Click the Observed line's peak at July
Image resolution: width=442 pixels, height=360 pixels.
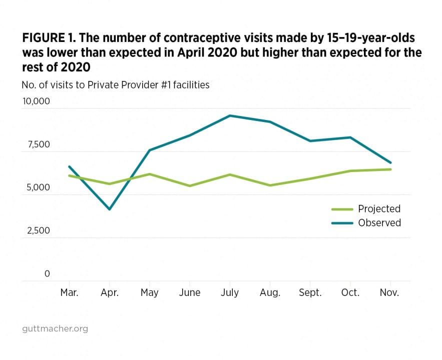[x=230, y=115]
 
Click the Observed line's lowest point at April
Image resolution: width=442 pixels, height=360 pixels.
[x=109, y=209]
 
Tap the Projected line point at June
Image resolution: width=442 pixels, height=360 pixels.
[x=190, y=185]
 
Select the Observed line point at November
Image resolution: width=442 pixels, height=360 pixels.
[x=390, y=162]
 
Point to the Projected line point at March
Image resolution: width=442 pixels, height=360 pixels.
[x=69, y=175]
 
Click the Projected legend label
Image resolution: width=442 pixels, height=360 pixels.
[x=379, y=209]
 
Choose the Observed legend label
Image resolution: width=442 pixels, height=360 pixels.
[x=379, y=223]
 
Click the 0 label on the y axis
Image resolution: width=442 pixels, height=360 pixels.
[x=47, y=273]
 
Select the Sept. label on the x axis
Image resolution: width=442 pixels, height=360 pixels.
[x=310, y=293]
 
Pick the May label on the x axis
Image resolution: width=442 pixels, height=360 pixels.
[x=149, y=293]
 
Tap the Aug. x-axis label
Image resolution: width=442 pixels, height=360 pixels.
[x=270, y=293]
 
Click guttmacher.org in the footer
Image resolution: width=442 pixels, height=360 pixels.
[x=55, y=329]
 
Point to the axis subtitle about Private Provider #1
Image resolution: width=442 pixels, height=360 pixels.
[x=116, y=84]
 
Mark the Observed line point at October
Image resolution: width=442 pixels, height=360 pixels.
[x=350, y=137]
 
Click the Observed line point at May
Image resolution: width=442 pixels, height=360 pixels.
[x=149, y=150]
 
